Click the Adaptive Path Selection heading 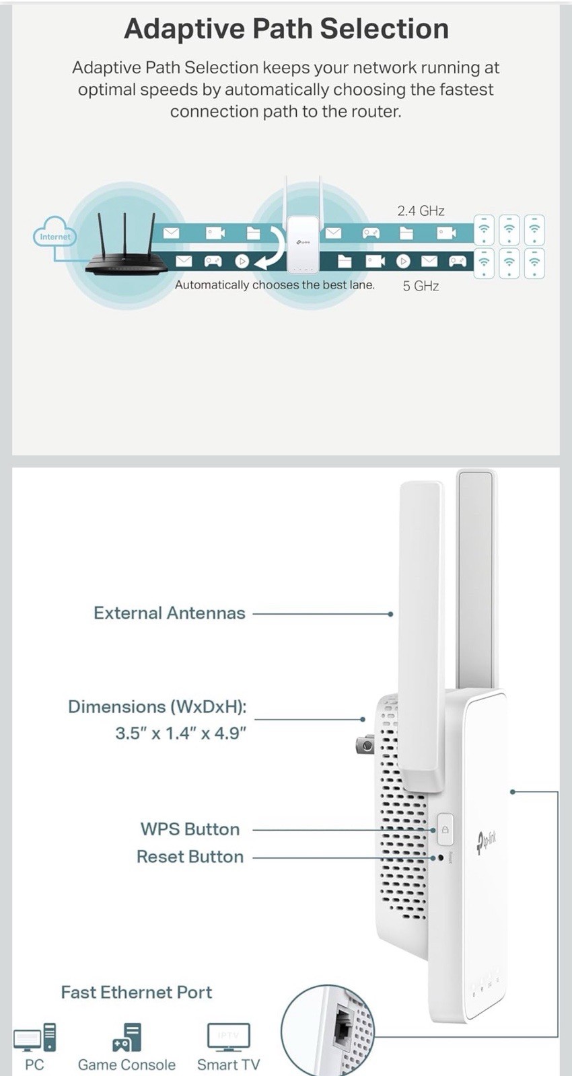click(x=286, y=29)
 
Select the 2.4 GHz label click(x=421, y=211)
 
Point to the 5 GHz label click(x=421, y=286)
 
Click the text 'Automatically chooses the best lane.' click(x=275, y=285)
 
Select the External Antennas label click(x=170, y=613)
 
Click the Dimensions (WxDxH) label click(x=157, y=707)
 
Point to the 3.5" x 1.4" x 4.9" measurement click(x=180, y=733)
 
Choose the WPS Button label click(x=190, y=829)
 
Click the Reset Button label click(x=190, y=857)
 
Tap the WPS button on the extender click(x=444, y=830)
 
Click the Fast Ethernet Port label click(x=136, y=993)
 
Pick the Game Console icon click(x=127, y=1038)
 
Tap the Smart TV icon click(x=228, y=1038)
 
